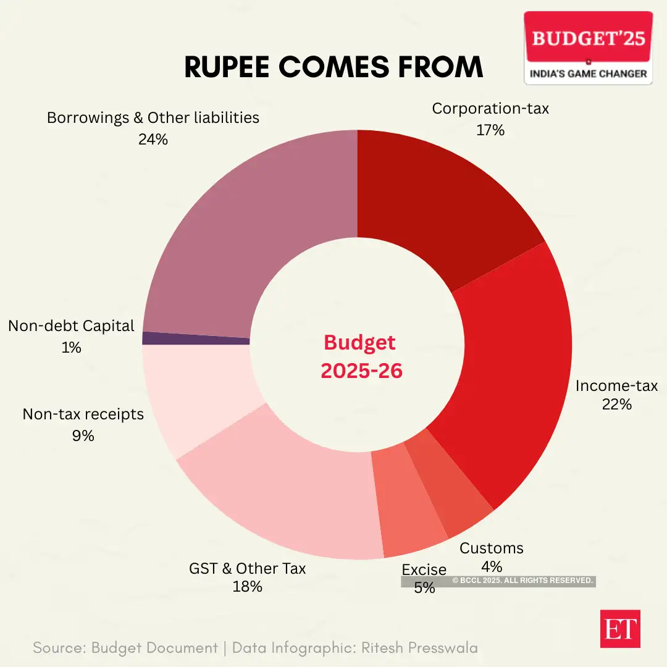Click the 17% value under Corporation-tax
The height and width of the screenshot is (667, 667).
tap(490, 130)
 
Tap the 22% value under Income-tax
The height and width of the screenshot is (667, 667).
tap(616, 406)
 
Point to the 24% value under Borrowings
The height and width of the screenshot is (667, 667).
tap(153, 140)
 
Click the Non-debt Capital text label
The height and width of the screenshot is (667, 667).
tap(71, 326)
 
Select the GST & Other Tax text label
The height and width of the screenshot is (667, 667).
tap(247, 568)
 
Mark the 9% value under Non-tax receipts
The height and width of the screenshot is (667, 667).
tap(83, 436)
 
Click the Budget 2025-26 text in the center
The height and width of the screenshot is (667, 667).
tap(361, 357)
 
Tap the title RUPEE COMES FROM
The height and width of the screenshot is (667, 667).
tap(333, 67)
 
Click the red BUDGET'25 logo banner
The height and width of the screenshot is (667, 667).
tap(588, 38)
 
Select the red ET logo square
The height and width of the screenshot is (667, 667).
tap(620, 629)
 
